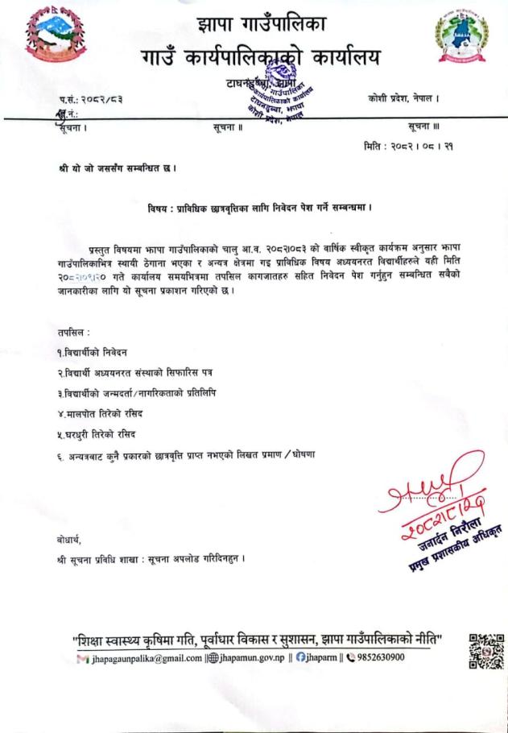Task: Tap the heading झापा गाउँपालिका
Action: (x=262, y=23)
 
